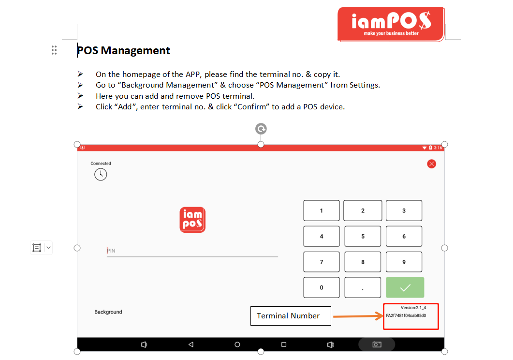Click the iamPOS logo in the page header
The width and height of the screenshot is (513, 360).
pyautogui.click(x=391, y=25)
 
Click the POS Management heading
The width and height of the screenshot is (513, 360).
pyautogui.click(x=123, y=50)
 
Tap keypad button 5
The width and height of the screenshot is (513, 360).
pyautogui.click(x=363, y=236)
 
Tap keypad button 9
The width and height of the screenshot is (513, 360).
pyautogui.click(x=404, y=262)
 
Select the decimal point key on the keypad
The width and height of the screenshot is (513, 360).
pyautogui.click(x=363, y=288)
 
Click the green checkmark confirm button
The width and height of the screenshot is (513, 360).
pyautogui.click(x=405, y=288)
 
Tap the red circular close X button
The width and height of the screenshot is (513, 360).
pyautogui.click(x=432, y=164)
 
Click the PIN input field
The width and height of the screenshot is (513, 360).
pyautogui.click(x=192, y=251)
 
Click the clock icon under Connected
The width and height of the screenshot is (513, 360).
pyautogui.click(x=101, y=175)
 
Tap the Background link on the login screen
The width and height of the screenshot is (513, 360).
pyautogui.click(x=108, y=312)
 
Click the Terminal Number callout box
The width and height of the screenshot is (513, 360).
pyautogui.click(x=291, y=316)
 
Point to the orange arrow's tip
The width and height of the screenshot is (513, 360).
pyautogui.click(x=383, y=316)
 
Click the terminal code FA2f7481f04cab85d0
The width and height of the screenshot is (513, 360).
pyautogui.click(x=406, y=315)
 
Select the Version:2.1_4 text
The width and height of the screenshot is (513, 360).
pyautogui.click(x=413, y=308)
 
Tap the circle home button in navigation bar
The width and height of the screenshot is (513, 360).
pyautogui.click(x=237, y=345)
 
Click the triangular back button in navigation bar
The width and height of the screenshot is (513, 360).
pyautogui.click(x=191, y=345)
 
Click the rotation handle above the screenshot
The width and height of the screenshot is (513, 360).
pyautogui.click(x=261, y=129)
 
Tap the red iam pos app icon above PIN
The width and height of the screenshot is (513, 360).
pyautogui.click(x=192, y=220)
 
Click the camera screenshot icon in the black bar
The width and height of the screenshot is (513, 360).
pyautogui.click(x=377, y=345)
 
